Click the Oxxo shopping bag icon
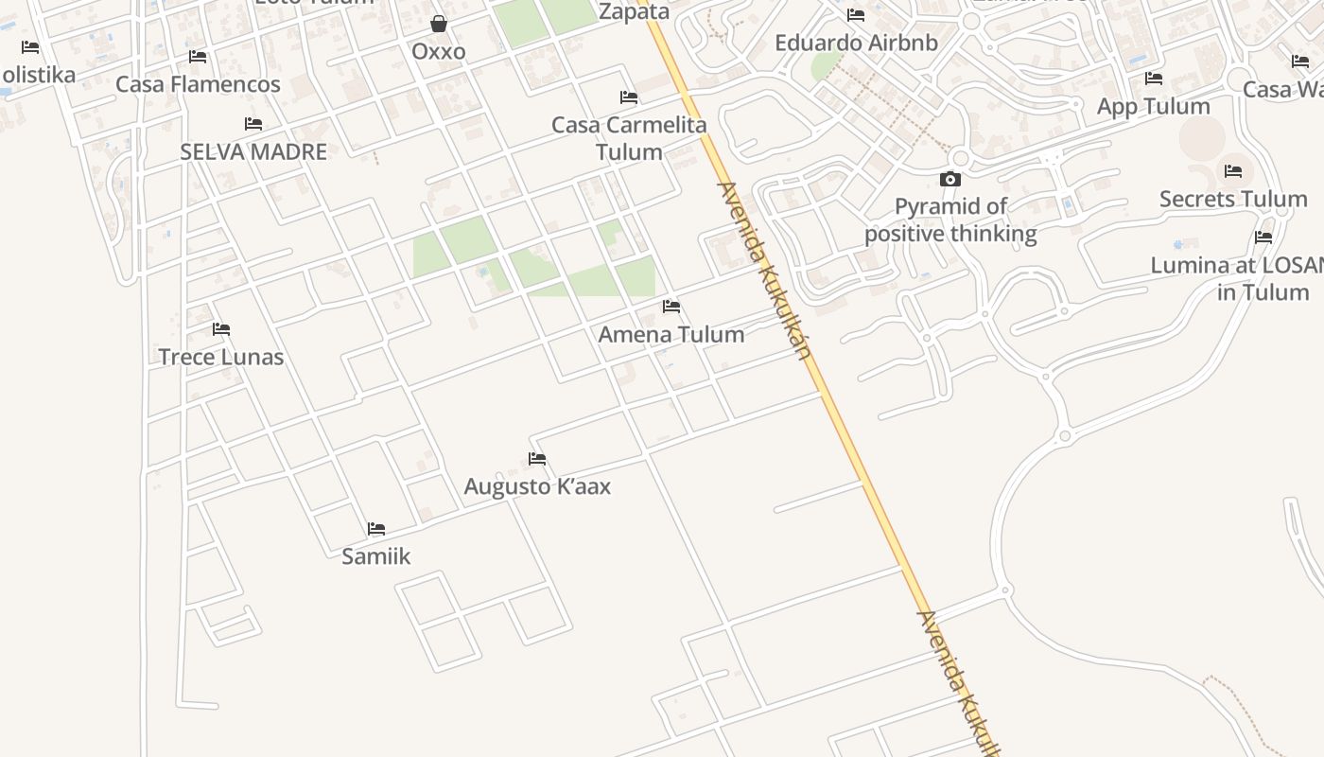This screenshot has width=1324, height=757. pos(439,23)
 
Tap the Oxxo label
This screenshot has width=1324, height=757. pos(439,51)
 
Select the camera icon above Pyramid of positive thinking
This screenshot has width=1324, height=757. pos(950,179)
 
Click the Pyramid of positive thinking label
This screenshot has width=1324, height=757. pos(950,220)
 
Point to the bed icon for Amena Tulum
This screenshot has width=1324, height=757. pos(671,307)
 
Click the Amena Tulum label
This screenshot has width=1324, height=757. pos(671,334)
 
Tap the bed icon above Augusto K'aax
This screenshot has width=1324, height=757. pos(537,459)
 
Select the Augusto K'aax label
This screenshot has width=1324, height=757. pos(537,486)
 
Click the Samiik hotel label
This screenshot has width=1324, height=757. pos(376,555)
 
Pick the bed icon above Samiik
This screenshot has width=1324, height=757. pos(376,528)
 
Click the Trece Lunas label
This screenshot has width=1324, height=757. pos(221,357)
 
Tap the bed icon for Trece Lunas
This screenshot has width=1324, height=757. pos(221,329)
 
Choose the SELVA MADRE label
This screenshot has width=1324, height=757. pos(253,151)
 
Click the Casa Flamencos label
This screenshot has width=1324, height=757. pos(198,84)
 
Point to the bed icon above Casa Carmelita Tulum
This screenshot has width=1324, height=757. pos(629,97)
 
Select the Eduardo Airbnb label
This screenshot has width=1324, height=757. pos(856,43)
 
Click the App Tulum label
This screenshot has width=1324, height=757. pos(1153,106)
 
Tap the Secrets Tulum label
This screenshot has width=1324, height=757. pos(1233,199)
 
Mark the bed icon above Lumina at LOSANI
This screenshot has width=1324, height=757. pos(1263,238)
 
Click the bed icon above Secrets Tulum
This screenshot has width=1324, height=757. pos(1233,171)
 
